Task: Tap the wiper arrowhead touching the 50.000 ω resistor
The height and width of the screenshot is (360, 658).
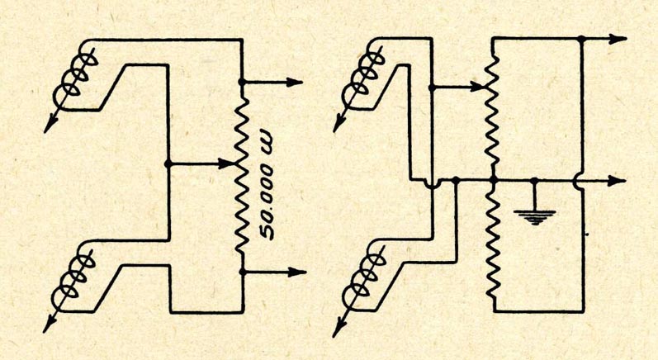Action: tap(230, 163)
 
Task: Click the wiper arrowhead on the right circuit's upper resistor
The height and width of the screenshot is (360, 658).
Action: tap(478, 84)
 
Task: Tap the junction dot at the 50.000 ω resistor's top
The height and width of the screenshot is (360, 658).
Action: tap(242, 83)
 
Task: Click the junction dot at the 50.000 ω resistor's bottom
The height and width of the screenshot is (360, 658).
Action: tap(242, 271)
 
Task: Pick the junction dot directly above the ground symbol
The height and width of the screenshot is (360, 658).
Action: tap(534, 179)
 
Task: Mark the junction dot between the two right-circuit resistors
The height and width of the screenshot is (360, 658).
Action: tap(492, 179)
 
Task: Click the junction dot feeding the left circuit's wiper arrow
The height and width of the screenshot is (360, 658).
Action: tap(168, 163)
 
